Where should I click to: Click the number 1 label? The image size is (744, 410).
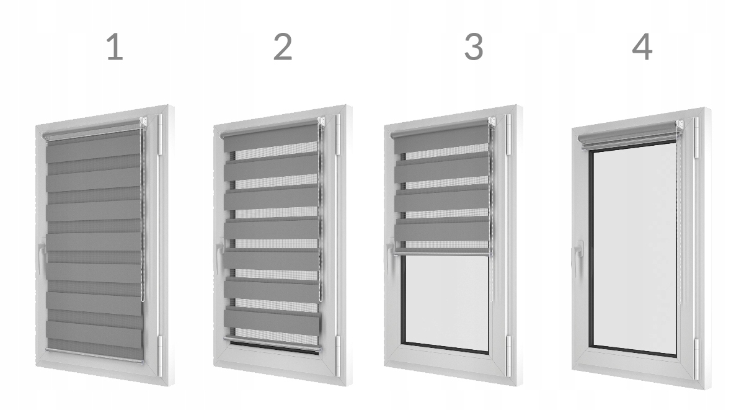point(115,48)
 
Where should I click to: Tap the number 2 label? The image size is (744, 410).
point(283,48)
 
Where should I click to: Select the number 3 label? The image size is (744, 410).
point(474,48)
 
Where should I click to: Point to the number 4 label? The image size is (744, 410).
point(642,48)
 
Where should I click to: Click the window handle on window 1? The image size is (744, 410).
point(41,257)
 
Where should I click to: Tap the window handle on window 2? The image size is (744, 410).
point(220,254)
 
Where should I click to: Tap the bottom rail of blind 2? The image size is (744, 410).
point(273,345)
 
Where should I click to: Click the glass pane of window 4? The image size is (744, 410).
point(634,248)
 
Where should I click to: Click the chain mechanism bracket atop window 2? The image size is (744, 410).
point(322,122)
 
